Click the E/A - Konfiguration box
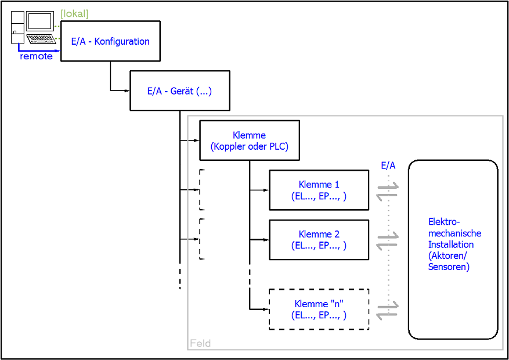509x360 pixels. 110,41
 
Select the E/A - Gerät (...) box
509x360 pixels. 179,91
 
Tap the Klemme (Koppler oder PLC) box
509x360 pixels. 249,141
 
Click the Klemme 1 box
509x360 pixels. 319,190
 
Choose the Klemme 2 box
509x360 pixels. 319,240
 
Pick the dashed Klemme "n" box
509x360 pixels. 319,309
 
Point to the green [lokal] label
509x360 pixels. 74,14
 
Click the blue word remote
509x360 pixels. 36,56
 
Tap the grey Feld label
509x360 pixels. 200,343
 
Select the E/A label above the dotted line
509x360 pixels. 388,165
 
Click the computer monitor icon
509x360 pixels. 39,21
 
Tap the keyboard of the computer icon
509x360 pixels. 41,39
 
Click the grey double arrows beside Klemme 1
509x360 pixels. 388,190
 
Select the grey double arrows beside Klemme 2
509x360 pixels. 388,240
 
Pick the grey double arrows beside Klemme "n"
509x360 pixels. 388,309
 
